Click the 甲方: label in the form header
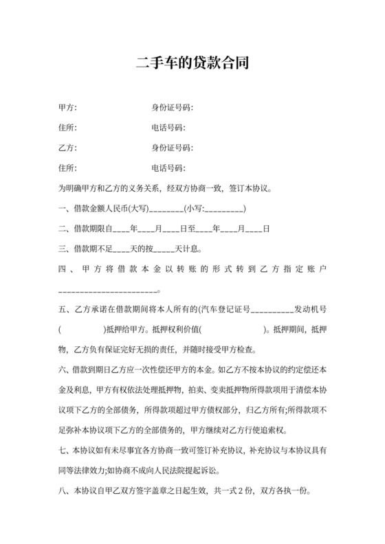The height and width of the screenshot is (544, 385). pos(67,108)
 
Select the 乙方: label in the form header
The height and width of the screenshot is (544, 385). pos(67,148)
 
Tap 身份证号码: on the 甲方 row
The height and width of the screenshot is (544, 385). pos(172,108)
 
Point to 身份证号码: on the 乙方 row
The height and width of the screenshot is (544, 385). pos(172,148)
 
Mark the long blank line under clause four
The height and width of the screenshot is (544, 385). pos(110,291)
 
